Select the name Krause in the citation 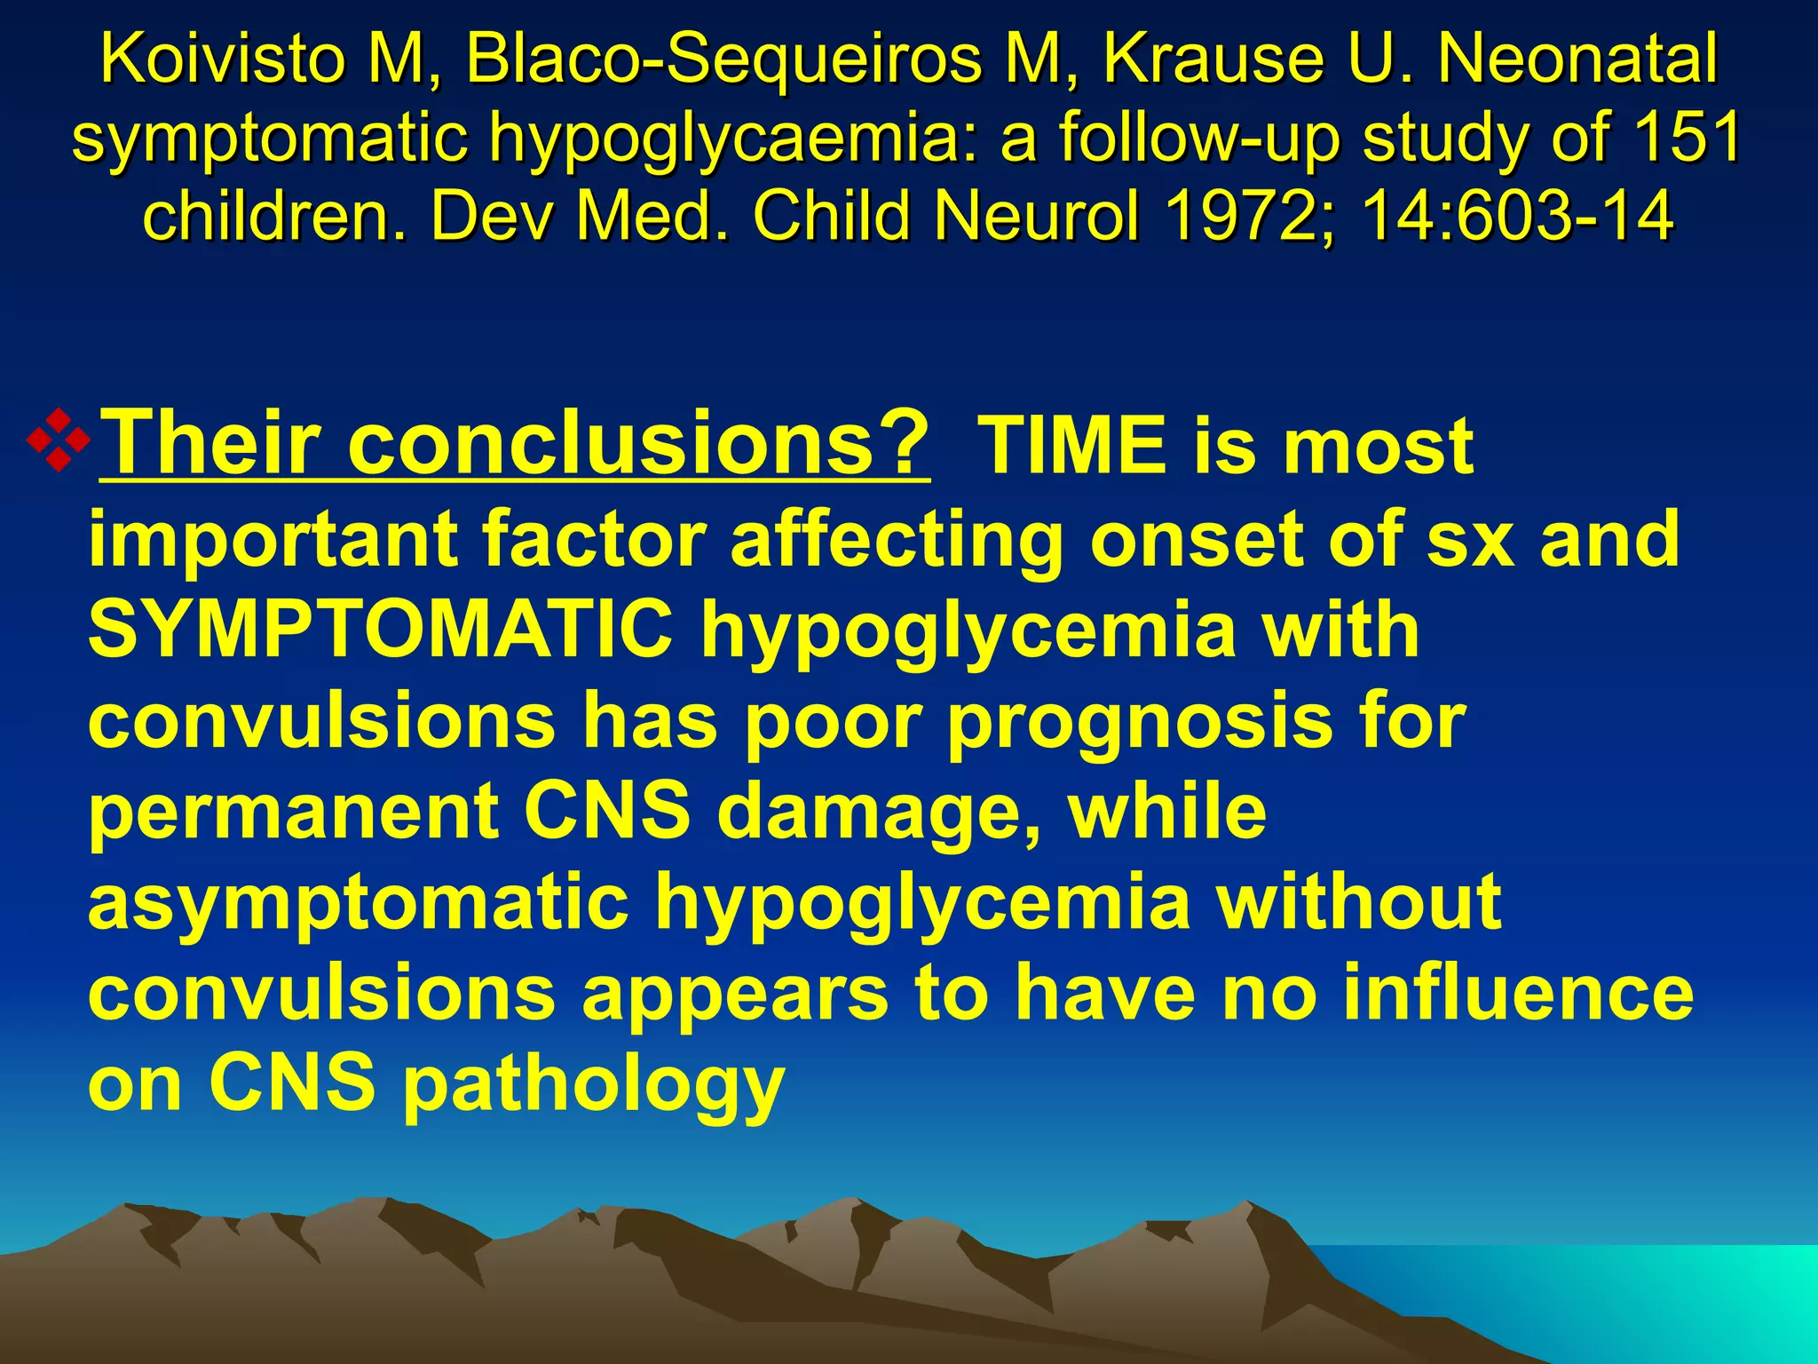coord(1224,59)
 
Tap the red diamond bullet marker coord(59,439)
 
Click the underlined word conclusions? coord(639,443)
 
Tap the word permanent coord(294,813)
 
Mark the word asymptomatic coord(359,902)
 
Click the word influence coord(1517,992)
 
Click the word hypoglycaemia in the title coord(736,140)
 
